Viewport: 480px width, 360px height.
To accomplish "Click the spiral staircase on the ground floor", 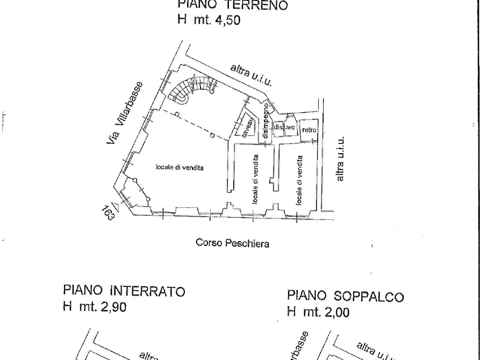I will (191, 89).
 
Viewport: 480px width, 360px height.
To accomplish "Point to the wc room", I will (291, 128).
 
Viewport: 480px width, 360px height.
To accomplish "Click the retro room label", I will (309, 130).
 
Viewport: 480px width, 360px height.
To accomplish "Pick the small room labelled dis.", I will (278, 128).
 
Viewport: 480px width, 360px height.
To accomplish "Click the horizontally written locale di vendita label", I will (179, 168).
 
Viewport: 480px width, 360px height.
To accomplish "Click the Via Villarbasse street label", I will (125, 113).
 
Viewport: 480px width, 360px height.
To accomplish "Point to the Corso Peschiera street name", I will (232, 243).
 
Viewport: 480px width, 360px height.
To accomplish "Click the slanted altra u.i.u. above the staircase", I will (251, 75).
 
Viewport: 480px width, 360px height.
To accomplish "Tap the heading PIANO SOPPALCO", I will (345, 296).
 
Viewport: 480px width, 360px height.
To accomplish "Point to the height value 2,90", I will (112, 307).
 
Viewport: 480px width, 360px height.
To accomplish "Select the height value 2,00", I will (334, 312).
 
